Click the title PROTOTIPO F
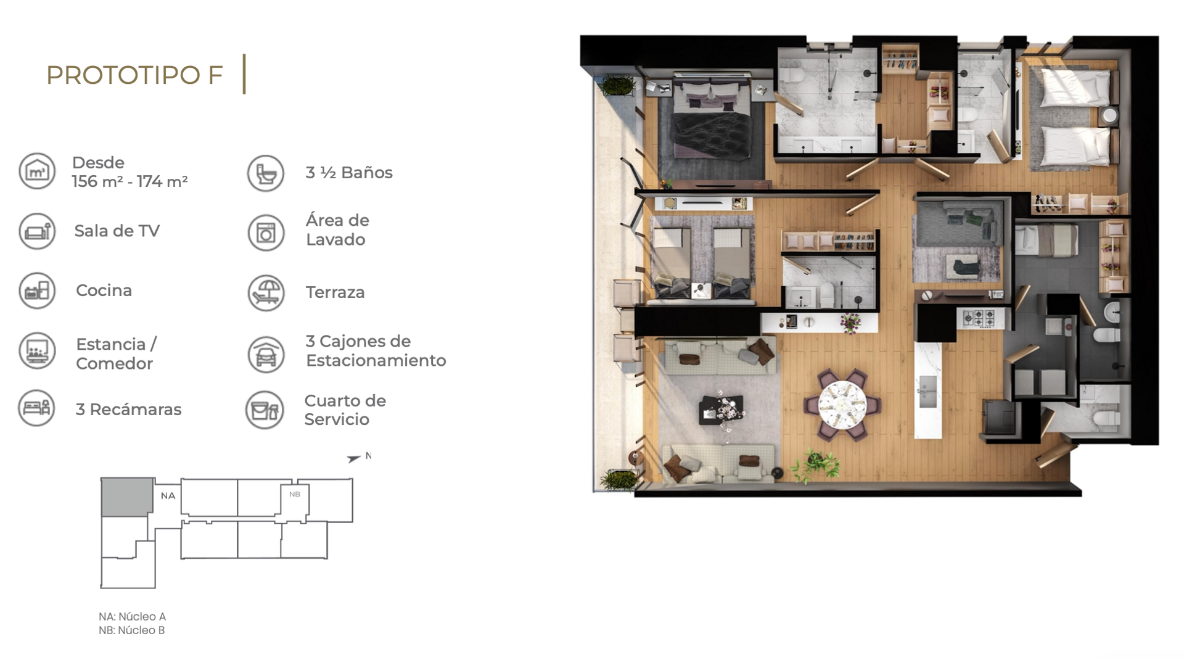point(134,75)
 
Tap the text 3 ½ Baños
point(349,173)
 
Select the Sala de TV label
point(117,231)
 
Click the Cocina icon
point(37,291)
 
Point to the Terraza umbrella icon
point(266,292)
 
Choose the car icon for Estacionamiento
point(266,354)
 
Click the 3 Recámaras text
point(128,410)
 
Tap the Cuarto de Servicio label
point(345,410)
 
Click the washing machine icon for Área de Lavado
point(266,233)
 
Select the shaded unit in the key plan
point(127,497)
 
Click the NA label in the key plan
point(168,495)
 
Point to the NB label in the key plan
point(295,494)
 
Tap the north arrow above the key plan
point(353,459)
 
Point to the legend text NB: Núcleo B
point(132,630)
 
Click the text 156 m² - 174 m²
point(129,181)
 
